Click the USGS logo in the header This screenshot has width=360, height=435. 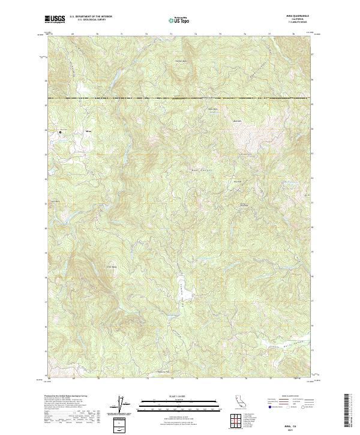[56, 20]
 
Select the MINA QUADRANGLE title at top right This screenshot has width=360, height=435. [300, 17]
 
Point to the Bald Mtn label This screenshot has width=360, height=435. [236, 122]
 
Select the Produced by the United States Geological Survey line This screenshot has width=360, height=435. [65, 397]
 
